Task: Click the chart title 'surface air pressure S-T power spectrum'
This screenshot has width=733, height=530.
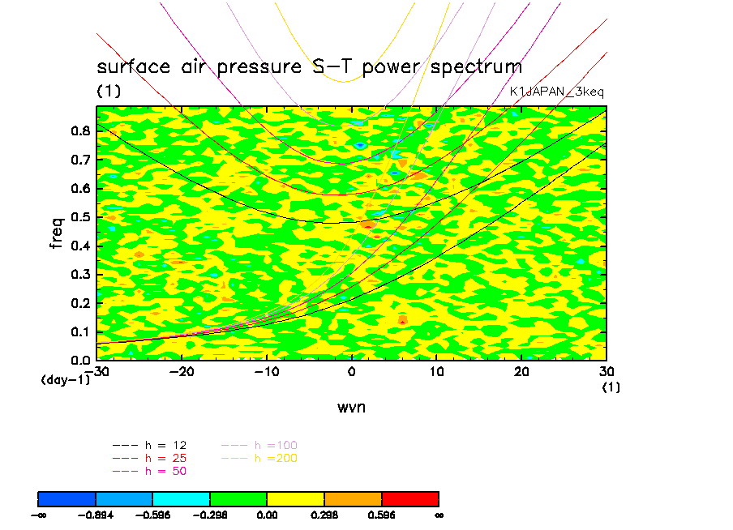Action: [x=309, y=66]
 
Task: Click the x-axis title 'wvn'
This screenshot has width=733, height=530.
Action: [x=351, y=407]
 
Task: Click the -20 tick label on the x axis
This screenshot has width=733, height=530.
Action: [x=180, y=371]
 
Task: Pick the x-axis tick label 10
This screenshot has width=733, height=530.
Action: [x=436, y=371]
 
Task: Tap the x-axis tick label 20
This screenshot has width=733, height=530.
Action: [x=521, y=371]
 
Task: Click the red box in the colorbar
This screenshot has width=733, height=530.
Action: [x=409, y=498]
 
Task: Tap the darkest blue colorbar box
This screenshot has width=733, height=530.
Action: [x=66, y=498]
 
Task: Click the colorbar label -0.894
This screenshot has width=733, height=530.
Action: [x=96, y=515]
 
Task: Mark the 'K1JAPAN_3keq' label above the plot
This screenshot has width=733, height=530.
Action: [x=556, y=92]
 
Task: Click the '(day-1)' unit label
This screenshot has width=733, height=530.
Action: [x=65, y=379]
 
